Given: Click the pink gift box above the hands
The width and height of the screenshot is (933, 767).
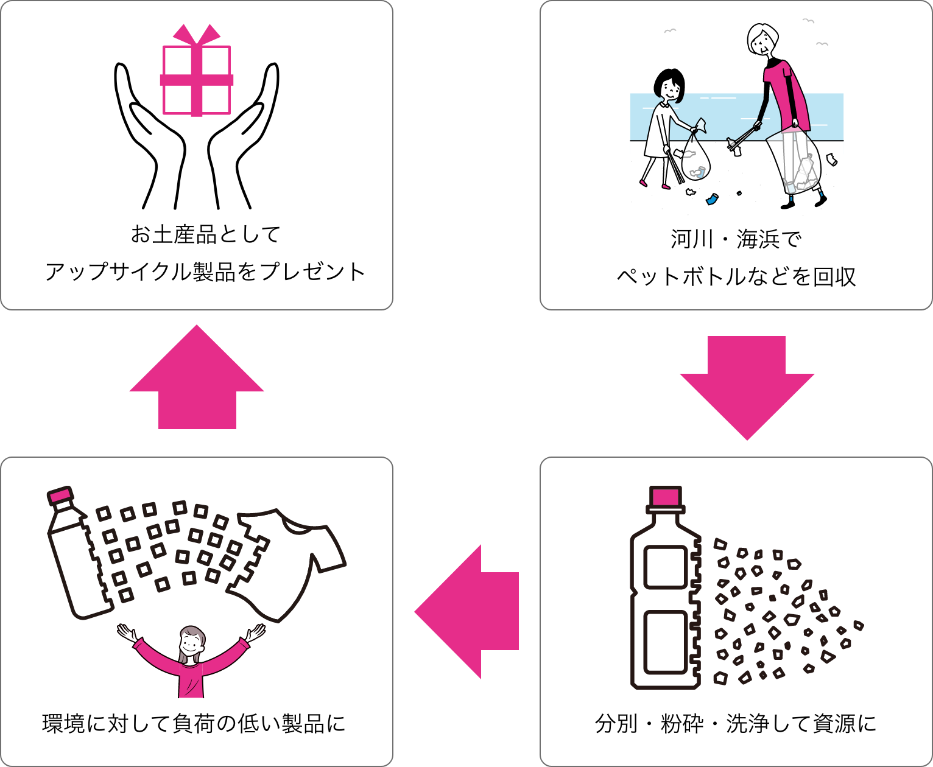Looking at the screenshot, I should point(196,80).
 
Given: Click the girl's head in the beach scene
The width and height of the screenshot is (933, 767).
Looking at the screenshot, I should point(669,85).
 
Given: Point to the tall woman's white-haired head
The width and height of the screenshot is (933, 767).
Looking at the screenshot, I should point(762,40).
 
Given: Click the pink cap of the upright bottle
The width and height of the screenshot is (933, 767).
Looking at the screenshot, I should point(665,497).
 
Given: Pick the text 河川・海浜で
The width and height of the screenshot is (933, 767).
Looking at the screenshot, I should point(736,239).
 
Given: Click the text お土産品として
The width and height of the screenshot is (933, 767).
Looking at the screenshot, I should point(206,234).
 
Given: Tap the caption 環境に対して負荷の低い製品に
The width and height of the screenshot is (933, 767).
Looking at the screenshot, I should point(194,724).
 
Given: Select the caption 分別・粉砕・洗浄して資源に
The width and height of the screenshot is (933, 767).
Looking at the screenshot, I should point(736,724).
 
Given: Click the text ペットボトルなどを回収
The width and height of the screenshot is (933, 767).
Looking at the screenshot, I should point(736,277).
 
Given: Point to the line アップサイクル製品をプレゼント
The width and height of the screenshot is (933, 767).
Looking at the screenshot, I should point(206,271).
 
